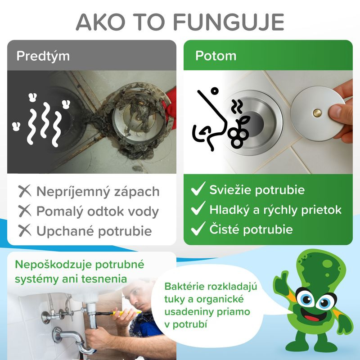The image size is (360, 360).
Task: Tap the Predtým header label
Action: pyautogui.click(x=43, y=56)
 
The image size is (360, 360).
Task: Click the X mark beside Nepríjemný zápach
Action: pyautogui.click(x=25, y=191)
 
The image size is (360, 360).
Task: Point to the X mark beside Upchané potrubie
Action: pyautogui.click(x=25, y=231)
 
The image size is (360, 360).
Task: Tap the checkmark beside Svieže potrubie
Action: pyautogui.click(x=198, y=189)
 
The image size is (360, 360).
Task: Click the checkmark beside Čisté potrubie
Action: pyautogui.click(x=198, y=229)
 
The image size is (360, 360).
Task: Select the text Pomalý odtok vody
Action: pyautogui.click(x=97, y=211)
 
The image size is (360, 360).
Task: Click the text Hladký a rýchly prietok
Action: pyautogui.click(x=275, y=209)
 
